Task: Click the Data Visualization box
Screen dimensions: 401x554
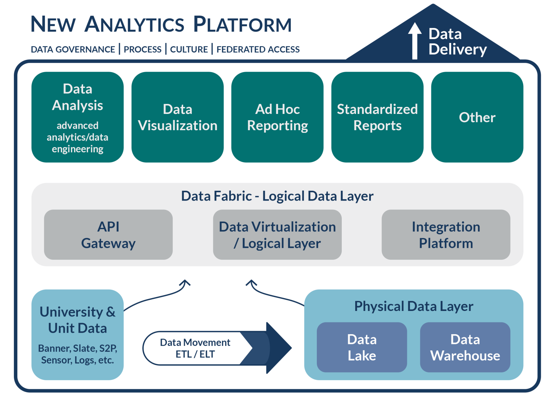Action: [178, 117]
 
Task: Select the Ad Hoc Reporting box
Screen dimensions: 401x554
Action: [277, 117]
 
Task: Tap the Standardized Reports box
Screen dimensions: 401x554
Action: [377, 117]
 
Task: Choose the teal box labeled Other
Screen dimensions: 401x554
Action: [477, 117]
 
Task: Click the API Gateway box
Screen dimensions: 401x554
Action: [108, 234]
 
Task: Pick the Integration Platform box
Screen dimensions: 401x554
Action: [446, 234]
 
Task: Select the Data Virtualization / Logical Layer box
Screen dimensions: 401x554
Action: [277, 234]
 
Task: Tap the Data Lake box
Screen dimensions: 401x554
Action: [361, 347]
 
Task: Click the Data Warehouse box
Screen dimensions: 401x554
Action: [465, 347]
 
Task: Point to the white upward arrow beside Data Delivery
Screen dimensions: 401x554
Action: [414, 42]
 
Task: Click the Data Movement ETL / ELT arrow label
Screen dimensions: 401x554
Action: [195, 348]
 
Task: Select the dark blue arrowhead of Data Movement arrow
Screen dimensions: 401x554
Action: [279, 348]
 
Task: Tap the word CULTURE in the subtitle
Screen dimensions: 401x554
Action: [189, 50]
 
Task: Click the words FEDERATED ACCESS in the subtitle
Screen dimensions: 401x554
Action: [258, 50]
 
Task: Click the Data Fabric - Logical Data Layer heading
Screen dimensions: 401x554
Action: [277, 196]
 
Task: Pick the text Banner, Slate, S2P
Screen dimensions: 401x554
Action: [78, 348]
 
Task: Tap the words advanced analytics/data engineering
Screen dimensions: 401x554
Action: [78, 137]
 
